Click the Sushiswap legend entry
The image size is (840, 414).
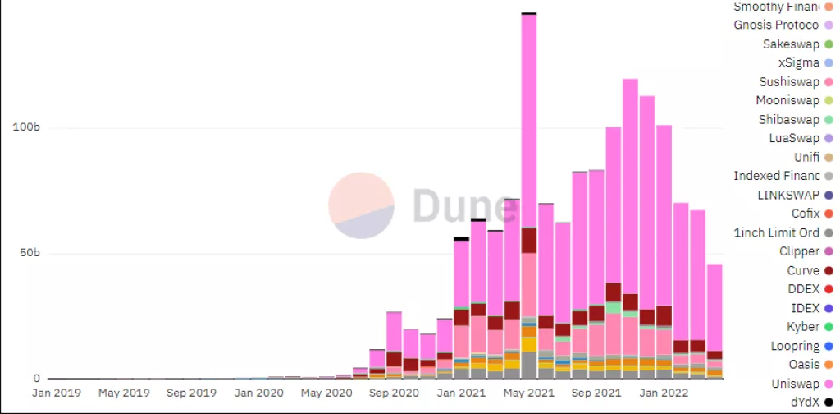point(788,82)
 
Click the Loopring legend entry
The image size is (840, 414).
point(795,346)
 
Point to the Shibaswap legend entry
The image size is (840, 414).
point(788,120)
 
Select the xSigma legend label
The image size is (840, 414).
point(798,63)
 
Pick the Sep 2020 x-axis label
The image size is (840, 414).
point(395,393)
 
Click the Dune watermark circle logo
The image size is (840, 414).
point(361,205)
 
